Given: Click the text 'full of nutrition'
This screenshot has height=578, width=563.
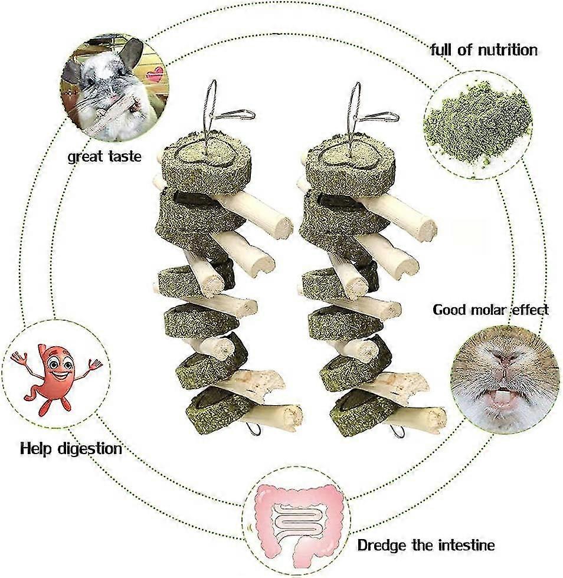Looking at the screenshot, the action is point(484,50).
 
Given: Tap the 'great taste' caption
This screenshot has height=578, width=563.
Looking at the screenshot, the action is point(104,156).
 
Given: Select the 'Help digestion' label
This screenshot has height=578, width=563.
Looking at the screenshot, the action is point(71,449).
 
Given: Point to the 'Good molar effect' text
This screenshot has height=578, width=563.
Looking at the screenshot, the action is point(490,309).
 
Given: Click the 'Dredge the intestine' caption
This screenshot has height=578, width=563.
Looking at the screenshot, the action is point(426,545).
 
